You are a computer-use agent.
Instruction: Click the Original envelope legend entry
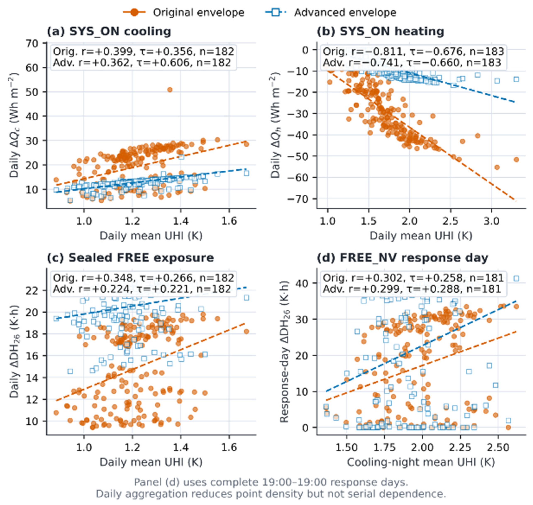pos(184,12)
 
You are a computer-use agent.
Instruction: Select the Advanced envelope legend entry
pos(331,12)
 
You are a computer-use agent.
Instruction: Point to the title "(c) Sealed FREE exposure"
pos(131,258)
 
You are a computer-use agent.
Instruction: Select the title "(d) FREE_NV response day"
pos(402,258)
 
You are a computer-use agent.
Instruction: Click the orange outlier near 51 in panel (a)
pos(170,90)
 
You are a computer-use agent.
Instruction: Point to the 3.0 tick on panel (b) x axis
pos(491,221)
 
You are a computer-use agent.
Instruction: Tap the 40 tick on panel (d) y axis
pos(303,283)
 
